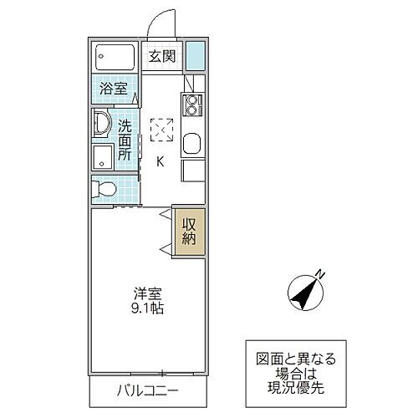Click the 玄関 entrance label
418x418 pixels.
coord(162,57)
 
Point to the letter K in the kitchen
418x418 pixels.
coord(161,163)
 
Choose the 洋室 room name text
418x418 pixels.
coord(147,294)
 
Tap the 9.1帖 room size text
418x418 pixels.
coord(147,309)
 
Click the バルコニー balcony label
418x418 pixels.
coord(147,390)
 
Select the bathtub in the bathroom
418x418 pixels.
coord(115,57)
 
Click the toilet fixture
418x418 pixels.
coord(104,189)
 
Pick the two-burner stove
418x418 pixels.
coord(192,105)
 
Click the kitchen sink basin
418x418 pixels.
coord(191,144)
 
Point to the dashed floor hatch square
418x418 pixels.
coord(161,130)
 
